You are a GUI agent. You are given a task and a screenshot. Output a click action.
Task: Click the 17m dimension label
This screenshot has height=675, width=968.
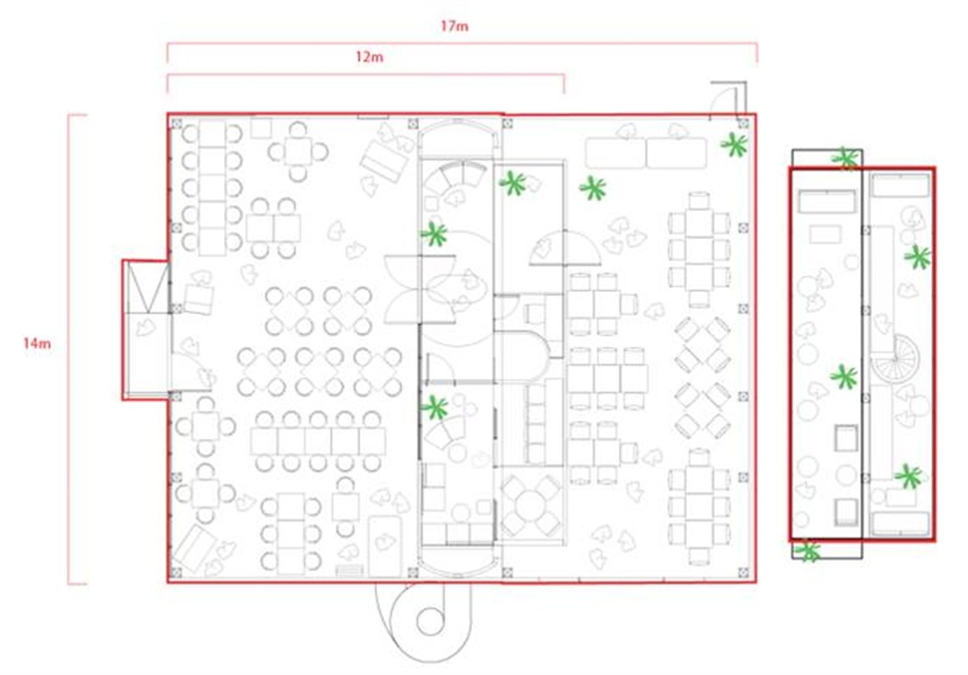click(x=455, y=26)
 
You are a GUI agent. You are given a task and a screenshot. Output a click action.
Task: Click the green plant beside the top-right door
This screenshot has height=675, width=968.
click(x=734, y=145)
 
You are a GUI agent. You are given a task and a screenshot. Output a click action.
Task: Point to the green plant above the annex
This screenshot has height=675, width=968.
click(x=845, y=158)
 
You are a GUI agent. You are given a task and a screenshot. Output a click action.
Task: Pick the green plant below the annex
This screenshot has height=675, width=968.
click(x=808, y=551)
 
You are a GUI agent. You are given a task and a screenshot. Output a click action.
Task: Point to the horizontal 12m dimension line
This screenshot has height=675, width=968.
click(x=365, y=75)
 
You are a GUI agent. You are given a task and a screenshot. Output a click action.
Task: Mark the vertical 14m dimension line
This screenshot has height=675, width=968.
click(x=69, y=348)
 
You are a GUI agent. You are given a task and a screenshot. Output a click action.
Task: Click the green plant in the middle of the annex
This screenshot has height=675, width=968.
click(x=843, y=377)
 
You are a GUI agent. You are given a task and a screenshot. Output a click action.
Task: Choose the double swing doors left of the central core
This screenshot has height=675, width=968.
click(x=403, y=289)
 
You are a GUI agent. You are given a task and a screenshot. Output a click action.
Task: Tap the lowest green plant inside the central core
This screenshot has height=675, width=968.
click(x=436, y=408)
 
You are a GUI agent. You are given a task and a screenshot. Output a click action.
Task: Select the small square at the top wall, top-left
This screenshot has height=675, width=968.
click(x=261, y=127)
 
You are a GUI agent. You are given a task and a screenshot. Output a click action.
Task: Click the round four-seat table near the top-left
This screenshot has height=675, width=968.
click(x=298, y=151)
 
